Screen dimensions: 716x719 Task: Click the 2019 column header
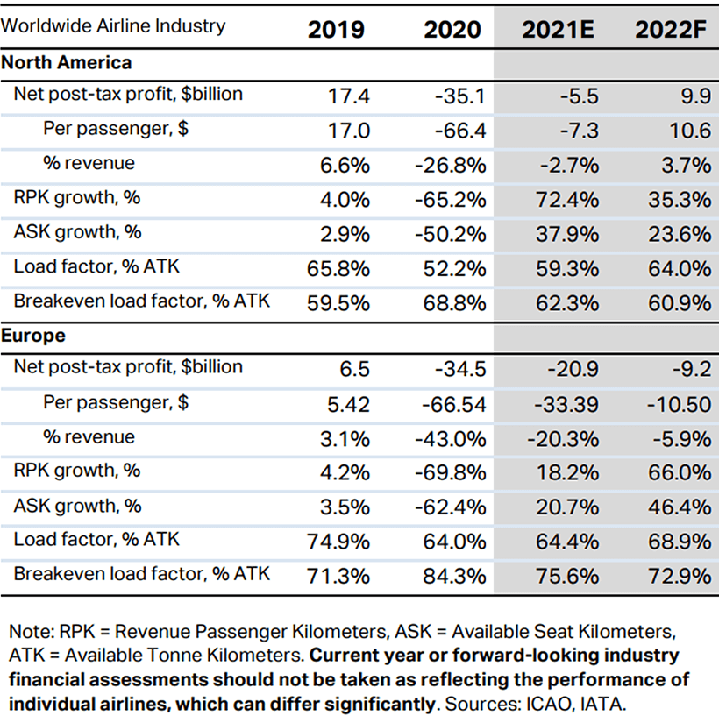click(x=337, y=29)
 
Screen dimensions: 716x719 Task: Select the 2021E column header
click(x=559, y=29)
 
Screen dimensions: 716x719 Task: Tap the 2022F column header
click(x=673, y=29)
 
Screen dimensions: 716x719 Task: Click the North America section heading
click(x=67, y=63)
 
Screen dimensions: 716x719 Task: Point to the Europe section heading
click(x=33, y=336)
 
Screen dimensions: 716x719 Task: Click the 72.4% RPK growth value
click(x=566, y=199)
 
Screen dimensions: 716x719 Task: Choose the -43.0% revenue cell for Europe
click(x=452, y=438)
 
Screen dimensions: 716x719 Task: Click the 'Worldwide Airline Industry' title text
click(x=113, y=25)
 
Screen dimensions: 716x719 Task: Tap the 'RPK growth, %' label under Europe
click(x=77, y=471)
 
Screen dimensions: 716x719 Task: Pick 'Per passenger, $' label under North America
click(x=116, y=129)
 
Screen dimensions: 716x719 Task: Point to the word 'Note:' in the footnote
click(x=32, y=632)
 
